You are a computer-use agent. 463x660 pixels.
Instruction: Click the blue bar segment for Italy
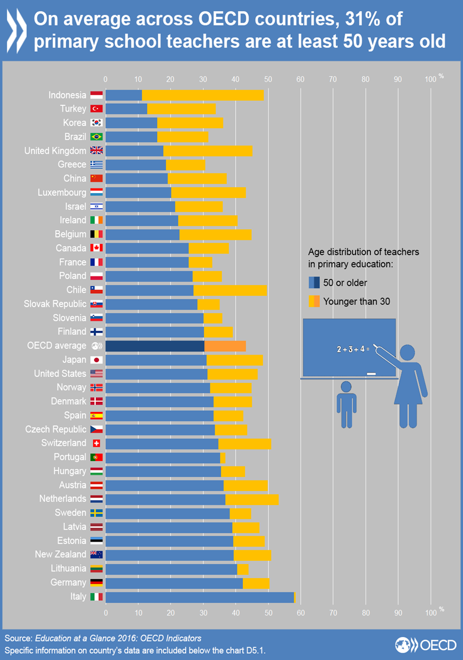(199, 596)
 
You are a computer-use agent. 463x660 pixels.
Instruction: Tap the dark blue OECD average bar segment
(154, 346)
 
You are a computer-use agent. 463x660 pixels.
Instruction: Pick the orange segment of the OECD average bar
(225, 346)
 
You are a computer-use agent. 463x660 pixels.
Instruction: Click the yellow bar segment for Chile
(230, 290)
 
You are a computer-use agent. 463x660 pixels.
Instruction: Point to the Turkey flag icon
(96, 109)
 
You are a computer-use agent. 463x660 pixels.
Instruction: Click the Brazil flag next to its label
(96, 137)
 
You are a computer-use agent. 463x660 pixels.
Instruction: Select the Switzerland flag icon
(96, 443)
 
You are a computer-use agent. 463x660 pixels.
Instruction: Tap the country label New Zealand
(60, 554)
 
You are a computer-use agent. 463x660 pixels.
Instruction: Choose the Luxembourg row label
(62, 192)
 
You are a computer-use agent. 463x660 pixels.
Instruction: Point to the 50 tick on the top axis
(268, 80)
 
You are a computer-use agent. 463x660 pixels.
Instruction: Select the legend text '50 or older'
(345, 283)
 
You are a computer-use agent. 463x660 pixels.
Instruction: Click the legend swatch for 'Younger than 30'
(314, 302)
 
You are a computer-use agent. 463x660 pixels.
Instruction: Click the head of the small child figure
(346, 386)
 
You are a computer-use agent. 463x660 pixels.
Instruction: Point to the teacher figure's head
(408, 352)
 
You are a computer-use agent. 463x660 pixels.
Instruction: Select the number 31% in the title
(357, 20)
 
